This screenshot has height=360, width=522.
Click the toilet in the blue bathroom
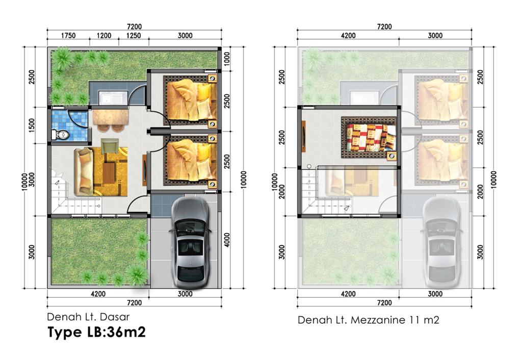click(60, 135)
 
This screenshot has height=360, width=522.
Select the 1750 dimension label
click(68, 36)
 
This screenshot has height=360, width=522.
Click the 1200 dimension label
click(104, 36)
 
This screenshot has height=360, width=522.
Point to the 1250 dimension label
click(134, 36)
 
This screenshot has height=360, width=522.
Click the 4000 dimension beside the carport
click(227, 240)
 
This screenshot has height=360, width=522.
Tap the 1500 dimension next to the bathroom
click(32, 125)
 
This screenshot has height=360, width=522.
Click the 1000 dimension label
click(227, 59)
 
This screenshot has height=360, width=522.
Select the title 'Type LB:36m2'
click(96, 332)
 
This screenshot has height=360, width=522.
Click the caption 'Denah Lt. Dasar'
click(88, 317)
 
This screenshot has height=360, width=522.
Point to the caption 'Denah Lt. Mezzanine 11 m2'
click(369, 320)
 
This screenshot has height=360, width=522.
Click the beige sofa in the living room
click(84, 171)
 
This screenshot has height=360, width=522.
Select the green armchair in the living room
click(110, 146)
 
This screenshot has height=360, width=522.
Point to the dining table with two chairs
click(110, 119)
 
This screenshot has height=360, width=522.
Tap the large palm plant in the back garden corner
click(62, 58)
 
